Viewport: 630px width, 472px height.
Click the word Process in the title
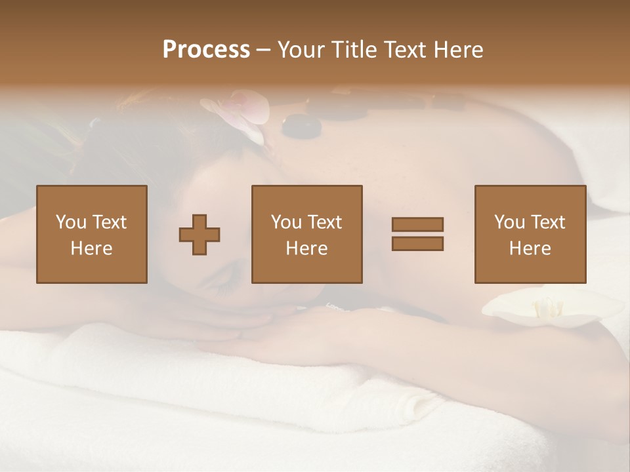(206, 50)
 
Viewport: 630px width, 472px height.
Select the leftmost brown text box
(92, 235)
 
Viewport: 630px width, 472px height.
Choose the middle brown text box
(307, 235)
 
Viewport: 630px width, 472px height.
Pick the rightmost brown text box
(530, 235)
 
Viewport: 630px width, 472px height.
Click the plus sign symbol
(199, 235)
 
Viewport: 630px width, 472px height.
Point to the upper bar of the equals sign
(417, 225)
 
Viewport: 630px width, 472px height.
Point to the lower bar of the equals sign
(417, 244)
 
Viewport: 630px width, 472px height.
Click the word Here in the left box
(91, 248)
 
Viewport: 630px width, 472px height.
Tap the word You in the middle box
(286, 222)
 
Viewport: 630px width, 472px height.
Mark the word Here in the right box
(530, 248)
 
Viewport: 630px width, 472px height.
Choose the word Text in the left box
(109, 222)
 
